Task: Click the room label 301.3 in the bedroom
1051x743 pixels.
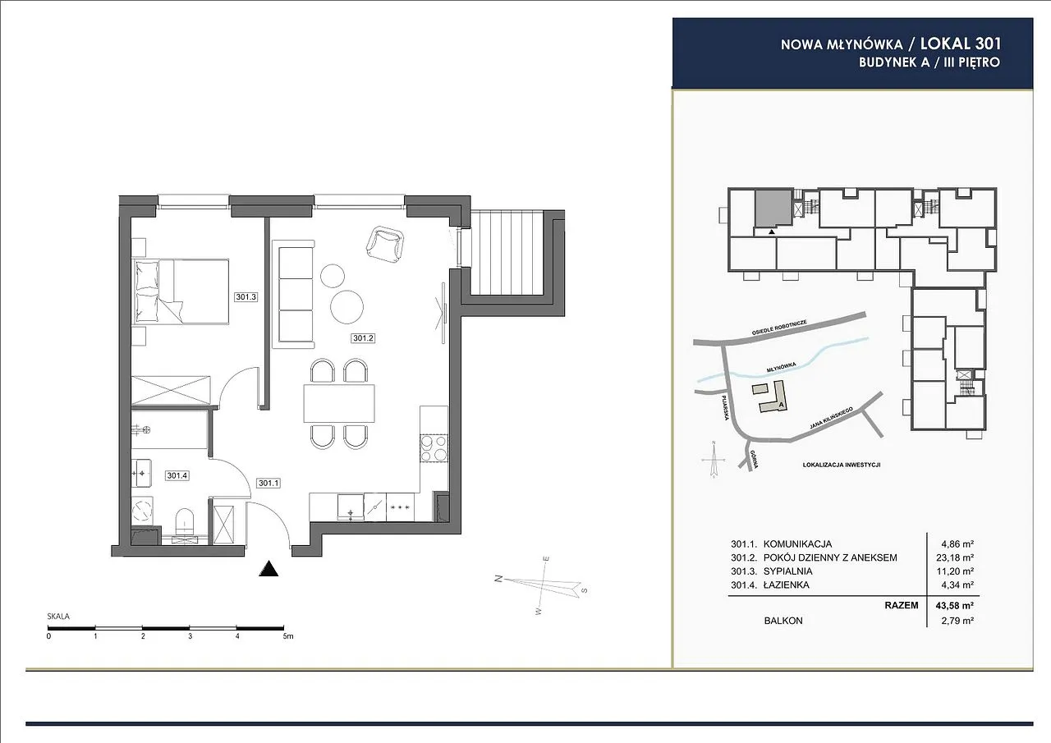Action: coord(246,296)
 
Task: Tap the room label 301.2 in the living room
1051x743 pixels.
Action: coord(363,337)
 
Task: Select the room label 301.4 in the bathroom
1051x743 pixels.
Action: coord(177,475)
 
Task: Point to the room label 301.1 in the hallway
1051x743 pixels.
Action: coord(268,483)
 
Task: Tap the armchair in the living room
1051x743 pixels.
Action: coord(385,244)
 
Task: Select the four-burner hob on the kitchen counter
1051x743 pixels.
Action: coord(434,448)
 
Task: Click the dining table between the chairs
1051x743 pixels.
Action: coord(339,403)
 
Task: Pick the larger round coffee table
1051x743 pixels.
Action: coord(347,307)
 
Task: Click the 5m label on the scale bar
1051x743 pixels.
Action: coord(288,636)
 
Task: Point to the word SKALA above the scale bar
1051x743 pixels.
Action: coord(58,617)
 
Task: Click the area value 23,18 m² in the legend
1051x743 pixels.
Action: coord(957,557)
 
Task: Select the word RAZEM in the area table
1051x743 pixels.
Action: coord(902,605)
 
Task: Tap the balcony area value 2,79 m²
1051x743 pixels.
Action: coord(957,621)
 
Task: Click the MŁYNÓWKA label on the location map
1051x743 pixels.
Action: coord(781,368)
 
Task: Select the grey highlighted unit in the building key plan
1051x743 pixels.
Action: coord(773,209)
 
